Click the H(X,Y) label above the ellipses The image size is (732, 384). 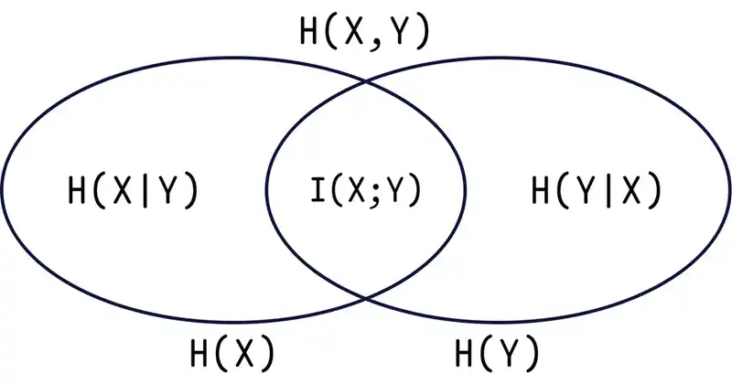point(364,32)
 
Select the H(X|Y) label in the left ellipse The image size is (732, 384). point(134,191)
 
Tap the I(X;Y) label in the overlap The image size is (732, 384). point(364,191)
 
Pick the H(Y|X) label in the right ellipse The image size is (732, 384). point(597,191)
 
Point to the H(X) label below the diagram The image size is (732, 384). point(231,352)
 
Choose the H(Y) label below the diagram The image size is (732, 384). point(496,352)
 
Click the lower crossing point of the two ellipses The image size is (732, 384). point(366,297)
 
